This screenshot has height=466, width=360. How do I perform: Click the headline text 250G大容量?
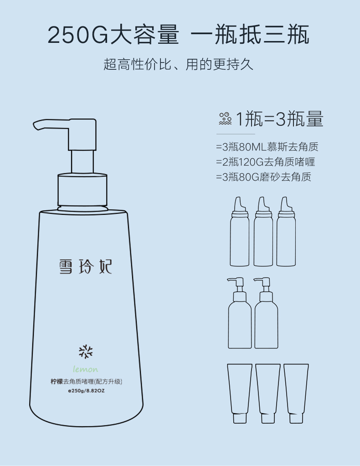click(113, 35)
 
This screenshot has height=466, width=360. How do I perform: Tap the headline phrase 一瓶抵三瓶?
click(250, 35)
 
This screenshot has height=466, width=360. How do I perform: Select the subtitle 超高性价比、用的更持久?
click(178, 64)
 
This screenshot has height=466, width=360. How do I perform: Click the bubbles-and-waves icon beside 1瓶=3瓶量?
click(225, 119)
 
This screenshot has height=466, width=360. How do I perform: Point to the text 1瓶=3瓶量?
click(279, 119)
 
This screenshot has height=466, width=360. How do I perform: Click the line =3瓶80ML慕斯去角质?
click(267, 146)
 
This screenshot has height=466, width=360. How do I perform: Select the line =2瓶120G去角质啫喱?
click(266, 162)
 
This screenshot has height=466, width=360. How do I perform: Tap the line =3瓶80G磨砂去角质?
click(264, 177)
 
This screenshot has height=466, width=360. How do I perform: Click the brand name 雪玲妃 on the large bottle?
click(85, 266)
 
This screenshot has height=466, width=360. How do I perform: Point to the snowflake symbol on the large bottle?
click(86, 352)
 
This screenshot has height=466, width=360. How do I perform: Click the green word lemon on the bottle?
click(86, 369)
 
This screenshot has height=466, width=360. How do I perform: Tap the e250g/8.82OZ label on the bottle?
click(86, 390)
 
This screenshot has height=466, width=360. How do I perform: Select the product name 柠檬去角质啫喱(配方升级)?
click(86, 381)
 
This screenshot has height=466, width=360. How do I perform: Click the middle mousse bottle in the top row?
click(263, 231)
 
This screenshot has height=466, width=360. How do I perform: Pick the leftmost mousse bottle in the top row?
click(240, 231)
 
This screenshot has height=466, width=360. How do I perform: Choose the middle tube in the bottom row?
click(268, 394)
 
